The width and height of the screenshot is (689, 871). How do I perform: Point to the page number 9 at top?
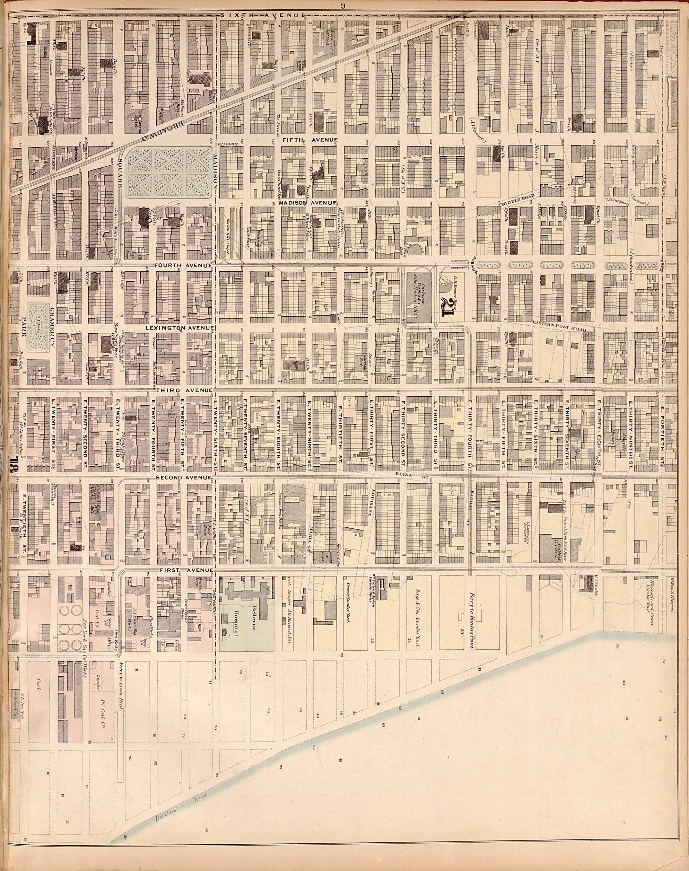pos(342,5)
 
